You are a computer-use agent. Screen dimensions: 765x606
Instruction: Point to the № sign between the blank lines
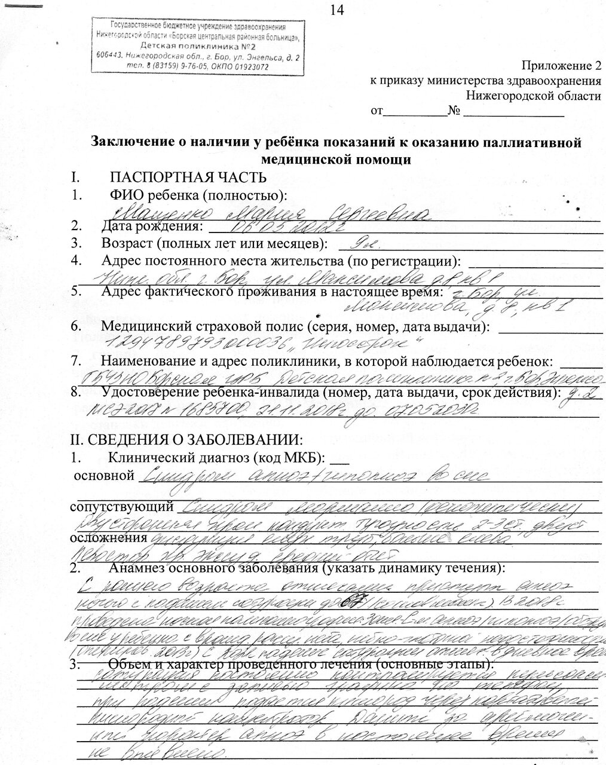455,111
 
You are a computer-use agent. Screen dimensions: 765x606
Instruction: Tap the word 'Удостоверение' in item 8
143,393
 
